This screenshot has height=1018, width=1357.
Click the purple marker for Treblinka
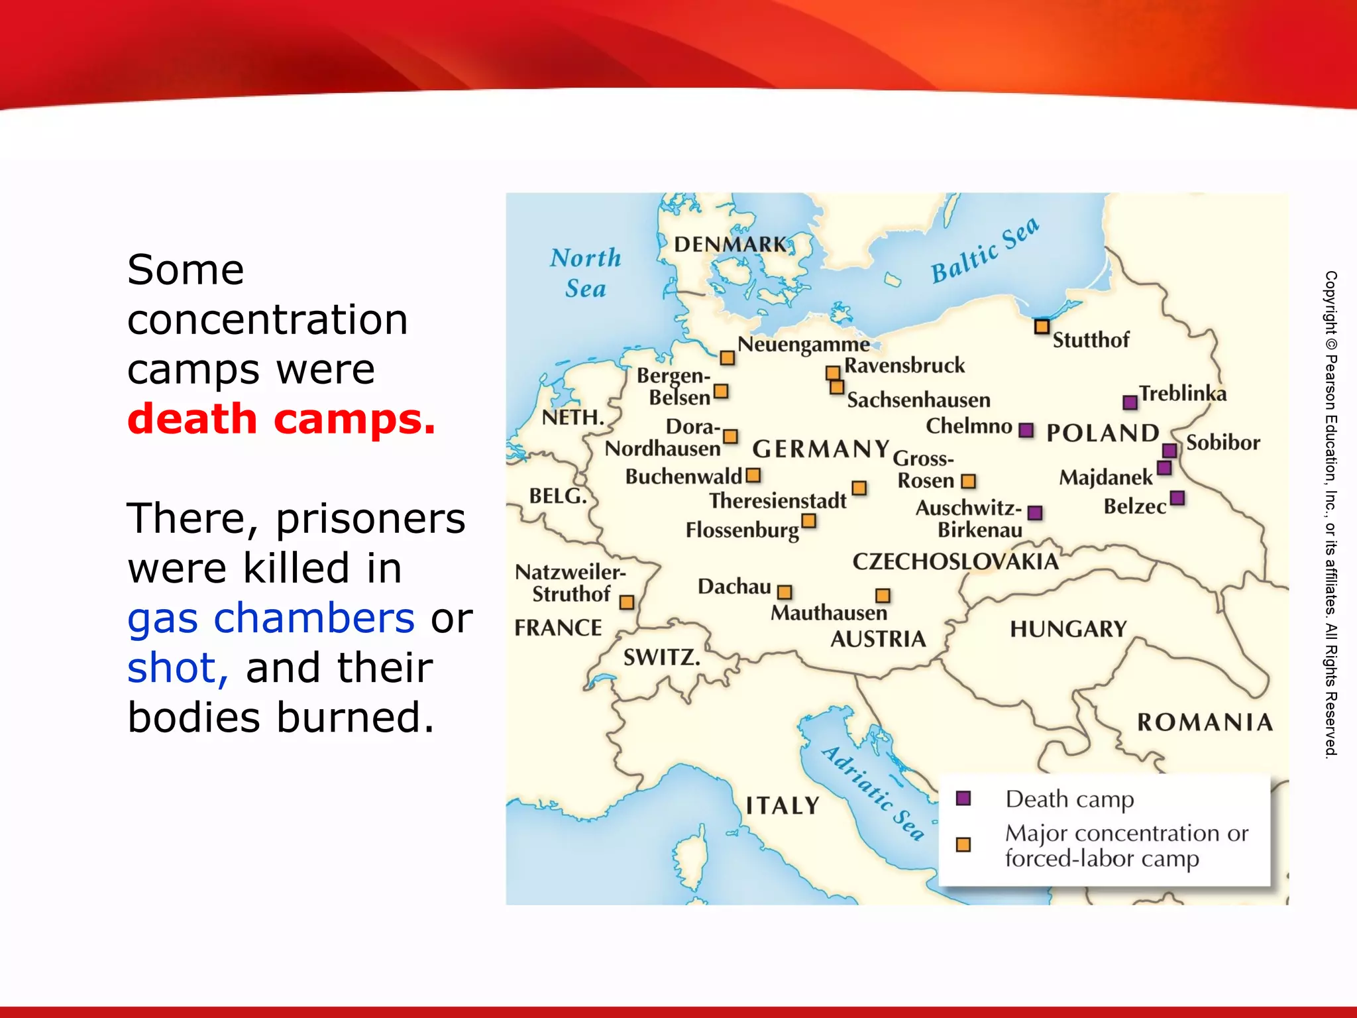[x=1130, y=402]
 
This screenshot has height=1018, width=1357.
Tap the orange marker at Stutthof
[x=1042, y=326]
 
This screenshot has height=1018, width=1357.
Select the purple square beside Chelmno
[x=1026, y=430]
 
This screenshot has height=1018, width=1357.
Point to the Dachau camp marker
[x=785, y=592]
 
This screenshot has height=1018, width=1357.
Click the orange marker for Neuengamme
[x=727, y=358]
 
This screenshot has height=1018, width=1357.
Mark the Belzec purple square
[x=1177, y=498]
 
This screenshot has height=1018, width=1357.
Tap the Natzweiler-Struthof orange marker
[x=627, y=602]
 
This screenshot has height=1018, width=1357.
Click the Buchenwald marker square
[x=753, y=475]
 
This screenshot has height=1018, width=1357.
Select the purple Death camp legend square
[x=963, y=798]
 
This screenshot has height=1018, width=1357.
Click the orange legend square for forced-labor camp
[x=963, y=844]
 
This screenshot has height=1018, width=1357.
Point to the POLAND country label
[x=1103, y=433]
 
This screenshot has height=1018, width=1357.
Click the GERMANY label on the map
[x=820, y=449]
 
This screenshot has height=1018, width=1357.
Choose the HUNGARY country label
[x=1068, y=628]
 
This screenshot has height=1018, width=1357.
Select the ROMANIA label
[x=1205, y=722]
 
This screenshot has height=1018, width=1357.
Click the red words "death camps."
[x=282, y=419]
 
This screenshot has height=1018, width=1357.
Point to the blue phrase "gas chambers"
[x=271, y=618]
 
